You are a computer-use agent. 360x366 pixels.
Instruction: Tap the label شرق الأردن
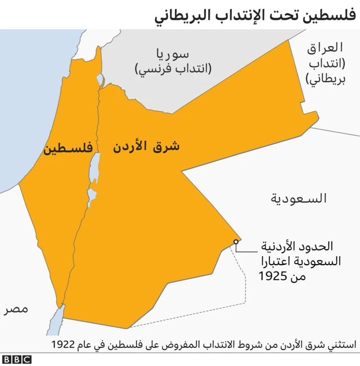(146, 147)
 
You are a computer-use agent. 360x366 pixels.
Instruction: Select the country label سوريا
(173, 55)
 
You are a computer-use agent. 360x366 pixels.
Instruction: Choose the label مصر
(16, 309)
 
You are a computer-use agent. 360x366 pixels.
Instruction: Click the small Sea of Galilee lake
(100, 79)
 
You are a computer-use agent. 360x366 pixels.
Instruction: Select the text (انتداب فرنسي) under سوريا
(173, 69)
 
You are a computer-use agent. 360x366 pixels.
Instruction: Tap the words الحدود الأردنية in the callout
(299, 246)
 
